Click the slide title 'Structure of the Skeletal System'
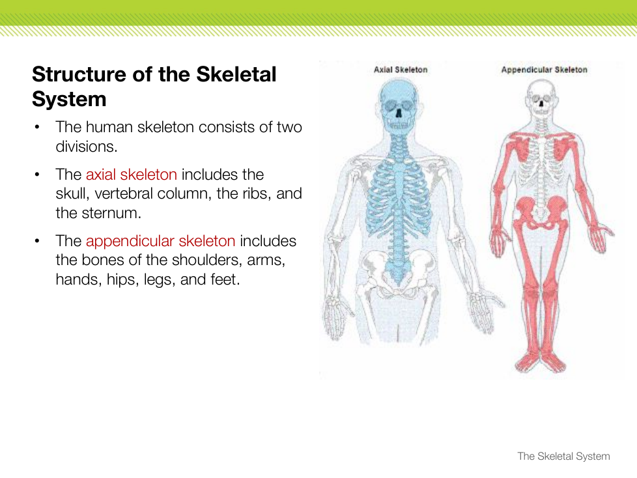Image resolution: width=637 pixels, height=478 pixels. click(x=154, y=87)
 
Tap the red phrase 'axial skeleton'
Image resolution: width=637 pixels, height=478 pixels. click(x=131, y=175)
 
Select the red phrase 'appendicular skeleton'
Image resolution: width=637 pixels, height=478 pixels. click(x=160, y=241)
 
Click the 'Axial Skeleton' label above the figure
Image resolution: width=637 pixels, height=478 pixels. click(x=401, y=70)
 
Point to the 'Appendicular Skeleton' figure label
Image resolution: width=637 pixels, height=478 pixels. click(x=544, y=70)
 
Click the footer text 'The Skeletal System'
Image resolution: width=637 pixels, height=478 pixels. click(x=563, y=456)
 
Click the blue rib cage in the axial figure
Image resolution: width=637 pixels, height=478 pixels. click(x=399, y=195)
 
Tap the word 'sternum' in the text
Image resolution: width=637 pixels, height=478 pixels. click(x=111, y=213)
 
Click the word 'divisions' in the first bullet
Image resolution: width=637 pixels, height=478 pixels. click(x=86, y=147)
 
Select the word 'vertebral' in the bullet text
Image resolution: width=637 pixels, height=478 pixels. click(x=124, y=193)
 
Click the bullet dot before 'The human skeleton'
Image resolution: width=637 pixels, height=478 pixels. click(x=37, y=127)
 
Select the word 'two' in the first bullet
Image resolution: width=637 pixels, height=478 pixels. click(x=289, y=127)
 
